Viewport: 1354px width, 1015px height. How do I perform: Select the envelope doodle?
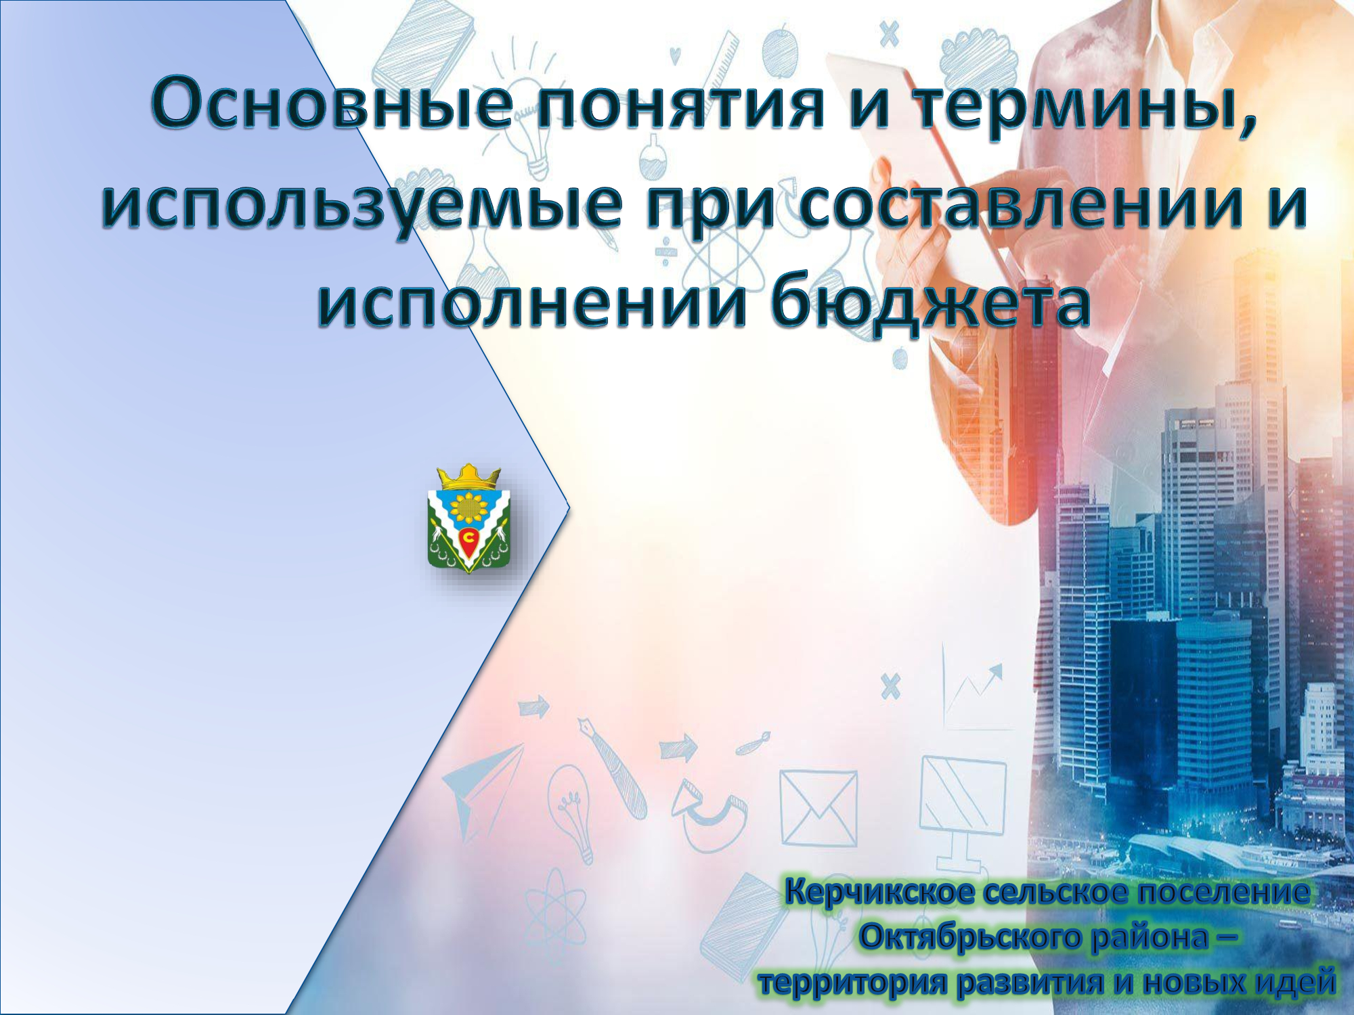[818, 807]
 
